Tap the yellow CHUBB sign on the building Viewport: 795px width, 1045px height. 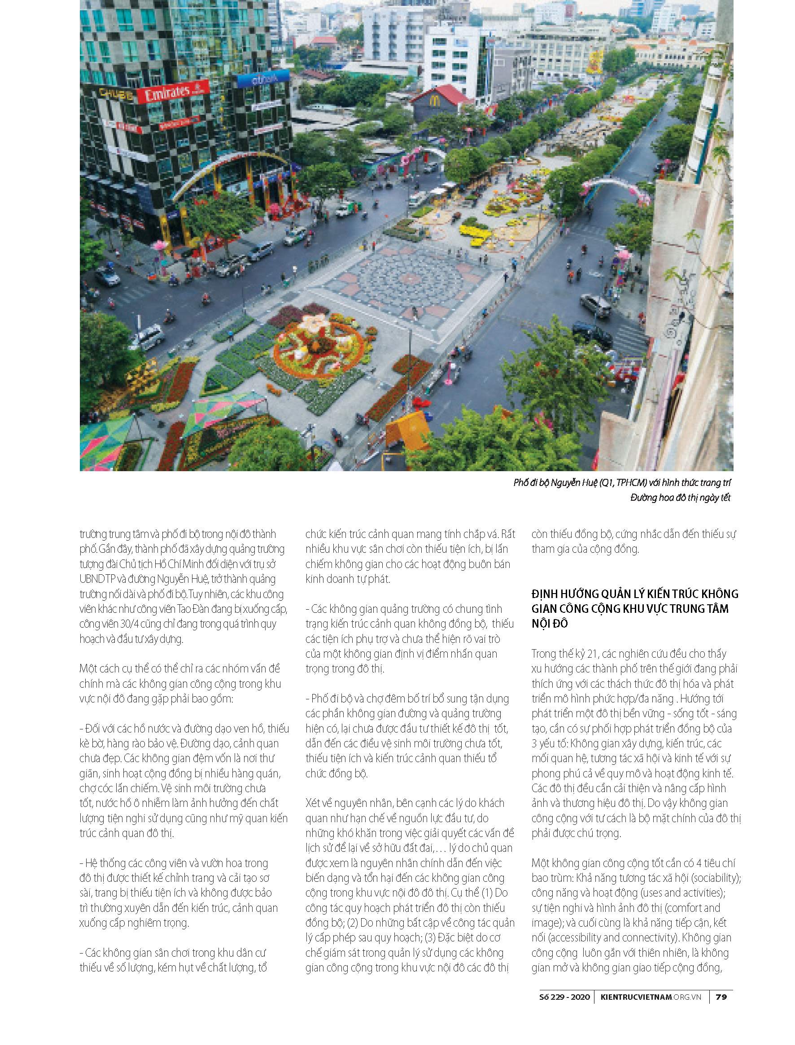tap(116, 94)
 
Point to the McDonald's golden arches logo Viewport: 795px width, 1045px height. tap(434, 101)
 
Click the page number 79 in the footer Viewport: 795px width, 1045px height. tap(721, 996)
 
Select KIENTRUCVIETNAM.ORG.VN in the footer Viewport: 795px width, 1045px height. tap(651, 996)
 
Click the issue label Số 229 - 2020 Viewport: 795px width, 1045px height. tap(564, 996)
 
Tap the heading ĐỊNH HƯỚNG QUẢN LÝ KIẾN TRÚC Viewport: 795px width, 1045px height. tap(634, 594)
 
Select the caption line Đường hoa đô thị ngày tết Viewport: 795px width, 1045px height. tap(680, 498)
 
